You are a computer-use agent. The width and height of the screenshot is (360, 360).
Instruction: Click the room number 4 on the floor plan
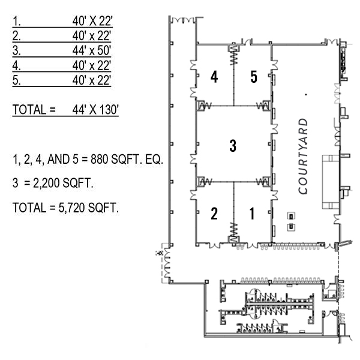point(214,77)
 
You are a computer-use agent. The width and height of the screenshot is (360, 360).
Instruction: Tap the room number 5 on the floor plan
point(253,77)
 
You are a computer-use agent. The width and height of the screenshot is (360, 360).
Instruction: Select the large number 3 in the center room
point(233,146)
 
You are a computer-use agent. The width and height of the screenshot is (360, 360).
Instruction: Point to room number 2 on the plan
point(214,214)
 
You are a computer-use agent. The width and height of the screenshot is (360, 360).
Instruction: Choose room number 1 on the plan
point(252,214)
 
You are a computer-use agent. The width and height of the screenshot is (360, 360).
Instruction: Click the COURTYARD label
point(303,156)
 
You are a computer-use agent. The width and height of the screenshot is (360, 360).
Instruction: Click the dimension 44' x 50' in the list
point(92,50)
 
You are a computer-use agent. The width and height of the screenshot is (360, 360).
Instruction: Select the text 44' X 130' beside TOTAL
point(95,110)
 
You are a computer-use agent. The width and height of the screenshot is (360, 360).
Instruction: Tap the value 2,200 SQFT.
point(63,183)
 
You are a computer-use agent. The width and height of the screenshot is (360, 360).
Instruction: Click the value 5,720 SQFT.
point(89,208)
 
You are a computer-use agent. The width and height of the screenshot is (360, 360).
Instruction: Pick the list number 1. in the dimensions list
point(17,21)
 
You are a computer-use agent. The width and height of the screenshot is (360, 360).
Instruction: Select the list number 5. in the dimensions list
point(17,80)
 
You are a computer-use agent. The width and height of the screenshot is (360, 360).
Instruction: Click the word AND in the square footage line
point(58,159)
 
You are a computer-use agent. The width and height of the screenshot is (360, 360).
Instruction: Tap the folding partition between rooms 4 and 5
point(234,55)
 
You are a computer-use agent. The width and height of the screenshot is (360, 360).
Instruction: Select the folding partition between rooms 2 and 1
point(234,232)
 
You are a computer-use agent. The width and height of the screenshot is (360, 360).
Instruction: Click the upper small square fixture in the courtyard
point(291,216)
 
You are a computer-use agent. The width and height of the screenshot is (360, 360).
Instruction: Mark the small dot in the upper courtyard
point(306,94)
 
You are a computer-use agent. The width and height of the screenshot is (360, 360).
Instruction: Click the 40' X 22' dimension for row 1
point(92,21)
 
